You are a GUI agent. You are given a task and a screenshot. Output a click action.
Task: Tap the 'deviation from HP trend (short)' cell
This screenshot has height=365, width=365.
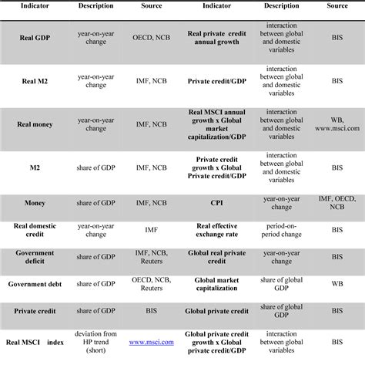(x=96, y=340)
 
